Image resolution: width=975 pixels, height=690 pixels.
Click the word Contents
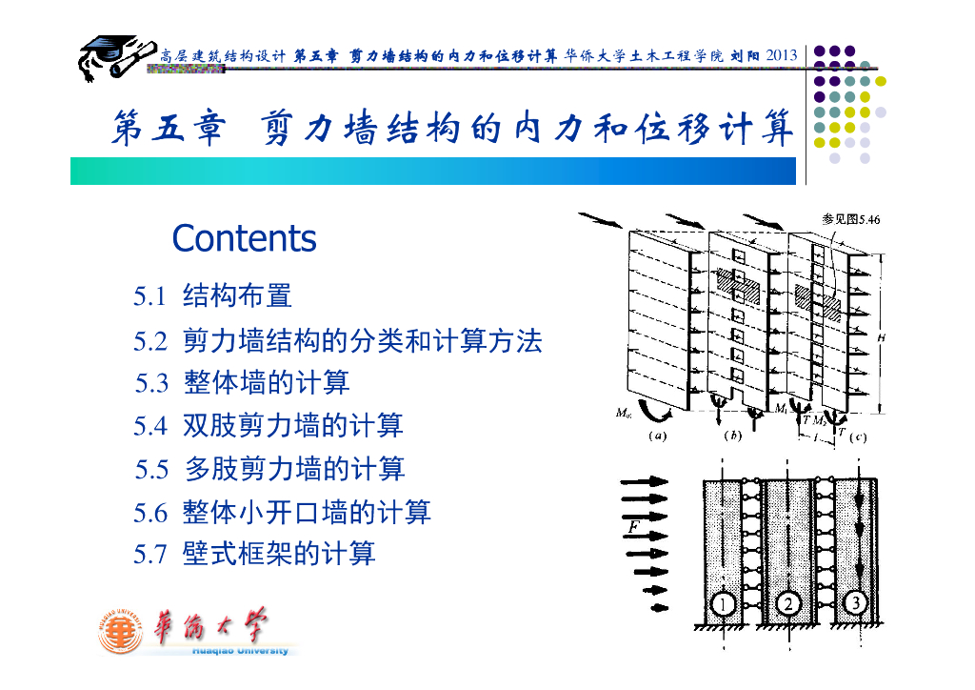pyautogui.click(x=244, y=238)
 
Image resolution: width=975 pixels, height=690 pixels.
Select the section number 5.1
pyautogui.click(x=150, y=296)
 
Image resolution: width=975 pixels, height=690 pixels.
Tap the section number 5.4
pyautogui.click(x=150, y=426)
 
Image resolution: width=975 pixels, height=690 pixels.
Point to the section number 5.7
pyautogui.click(x=150, y=554)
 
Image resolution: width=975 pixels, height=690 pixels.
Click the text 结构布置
pyautogui.click(x=237, y=296)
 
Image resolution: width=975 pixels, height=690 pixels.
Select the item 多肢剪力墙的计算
pyautogui.click(x=294, y=469)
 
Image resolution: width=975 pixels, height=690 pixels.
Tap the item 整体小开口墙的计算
pyautogui.click(x=307, y=512)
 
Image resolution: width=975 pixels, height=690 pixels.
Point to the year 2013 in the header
pyautogui.click(x=781, y=54)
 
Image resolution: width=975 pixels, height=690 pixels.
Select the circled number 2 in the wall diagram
pyautogui.click(x=788, y=603)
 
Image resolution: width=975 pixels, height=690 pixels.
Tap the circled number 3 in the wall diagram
pyautogui.click(x=855, y=603)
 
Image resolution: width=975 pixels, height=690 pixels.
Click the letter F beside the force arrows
pyautogui.click(x=633, y=525)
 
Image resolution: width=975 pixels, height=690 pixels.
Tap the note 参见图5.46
pyautogui.click(x=851, y=219)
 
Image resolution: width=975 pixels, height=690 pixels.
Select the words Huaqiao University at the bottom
pyautogui.click(x=240, y=651)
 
